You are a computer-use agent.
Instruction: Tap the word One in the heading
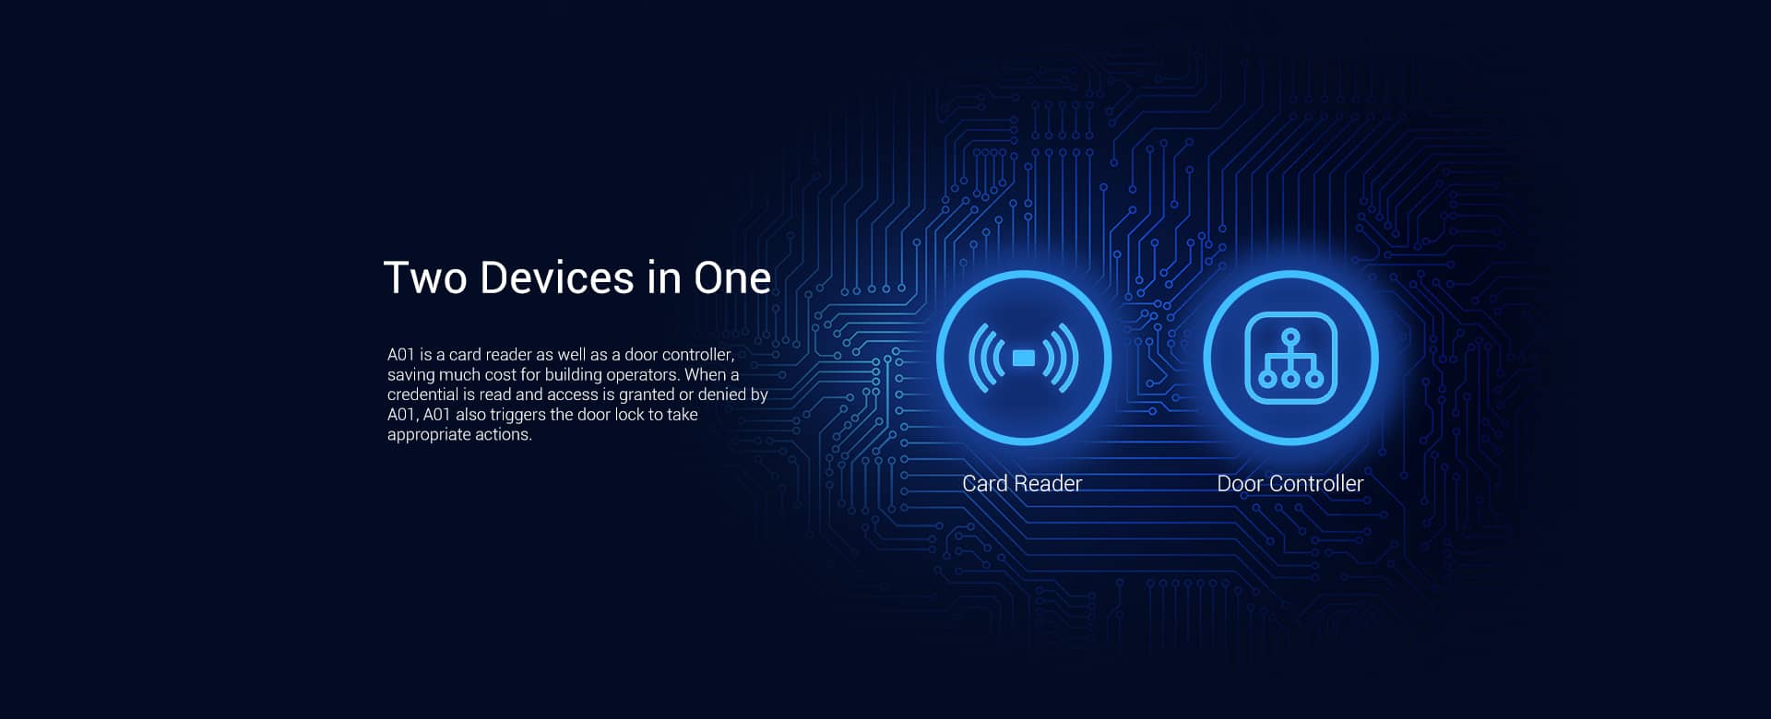coord(732,278)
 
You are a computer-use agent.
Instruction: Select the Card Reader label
coord(1022,483)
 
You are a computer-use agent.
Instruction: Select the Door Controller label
coord(1290,483)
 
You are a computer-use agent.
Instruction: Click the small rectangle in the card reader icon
coord(1024,358)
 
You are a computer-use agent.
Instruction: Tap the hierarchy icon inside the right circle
coord(1290,359)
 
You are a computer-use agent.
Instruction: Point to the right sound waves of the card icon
coord(1061,358)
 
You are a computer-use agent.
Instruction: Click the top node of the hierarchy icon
coord(1290,336)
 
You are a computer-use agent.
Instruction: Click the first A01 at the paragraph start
coord(401,355)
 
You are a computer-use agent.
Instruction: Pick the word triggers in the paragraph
coord(517,415)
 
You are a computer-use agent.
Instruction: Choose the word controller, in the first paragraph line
coord(697,355)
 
